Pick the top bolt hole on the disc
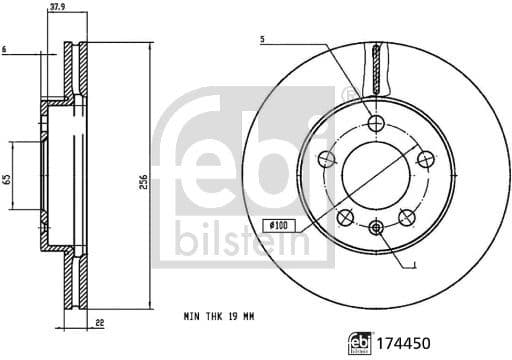[377, 123]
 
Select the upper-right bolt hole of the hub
[424, 157]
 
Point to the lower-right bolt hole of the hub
[407, 217]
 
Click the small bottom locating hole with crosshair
[376, 229]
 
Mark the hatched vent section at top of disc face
[377, 65]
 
